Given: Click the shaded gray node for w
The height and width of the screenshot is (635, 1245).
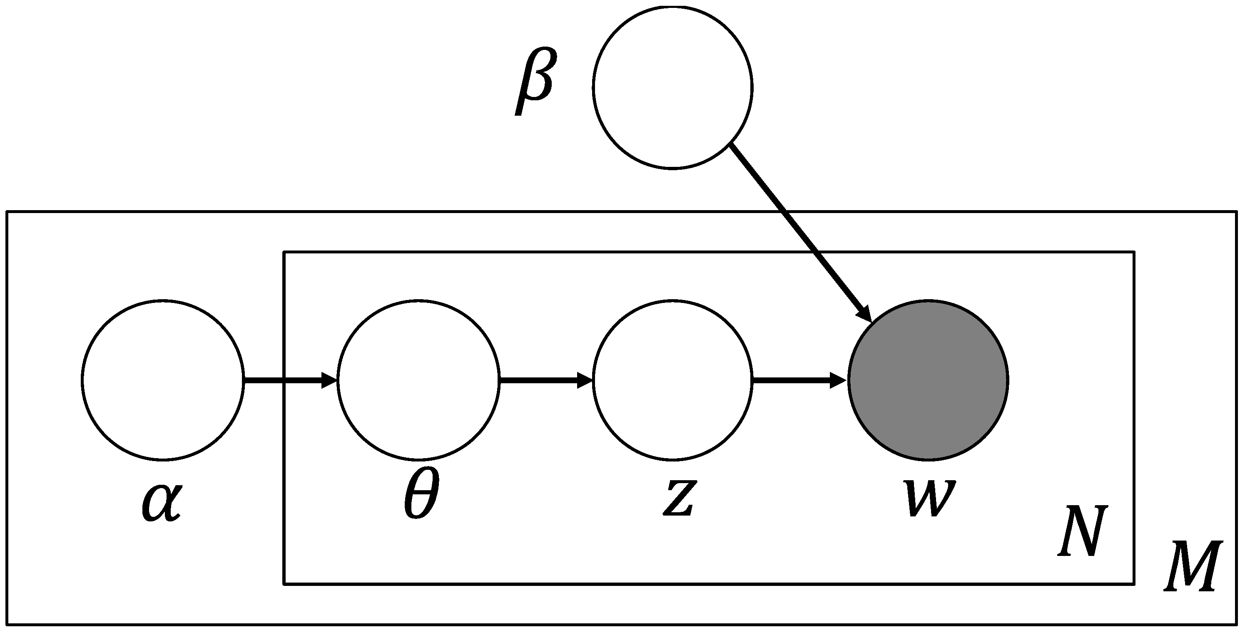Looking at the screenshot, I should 928,380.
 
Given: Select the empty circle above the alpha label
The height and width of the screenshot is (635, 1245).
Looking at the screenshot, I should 163,380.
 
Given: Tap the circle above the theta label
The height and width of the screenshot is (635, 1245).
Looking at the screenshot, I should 418,380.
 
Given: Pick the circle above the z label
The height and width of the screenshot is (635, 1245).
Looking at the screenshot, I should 673,380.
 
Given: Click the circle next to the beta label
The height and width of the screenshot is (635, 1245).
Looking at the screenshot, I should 673,87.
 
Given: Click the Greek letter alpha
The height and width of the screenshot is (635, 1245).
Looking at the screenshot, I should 162,502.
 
